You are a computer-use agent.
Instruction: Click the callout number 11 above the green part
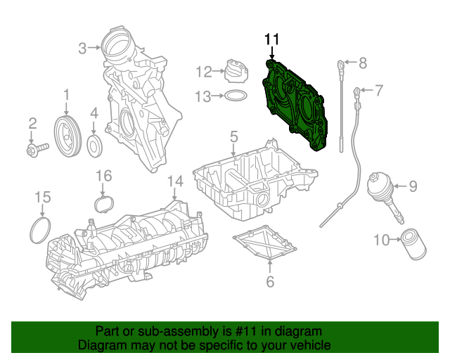(272, 39)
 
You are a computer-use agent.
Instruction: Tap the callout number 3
(83, 48)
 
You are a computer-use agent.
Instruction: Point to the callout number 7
(378, 90)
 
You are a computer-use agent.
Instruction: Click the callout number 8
(362, 64)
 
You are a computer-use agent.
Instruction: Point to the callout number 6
(269, 283)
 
